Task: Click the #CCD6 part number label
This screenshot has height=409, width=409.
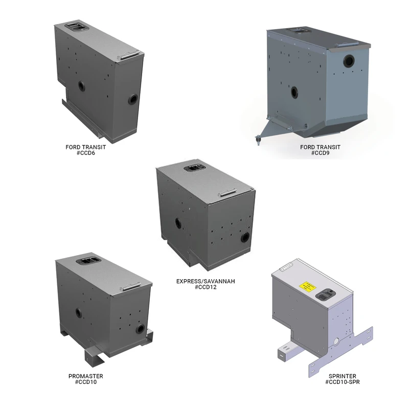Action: [85, 153]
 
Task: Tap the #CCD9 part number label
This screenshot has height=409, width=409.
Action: [321, 153]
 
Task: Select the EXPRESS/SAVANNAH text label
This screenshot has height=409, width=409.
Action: [206, 281]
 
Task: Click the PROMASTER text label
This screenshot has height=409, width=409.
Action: [86, 376]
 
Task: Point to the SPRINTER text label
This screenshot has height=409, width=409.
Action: [342, 376]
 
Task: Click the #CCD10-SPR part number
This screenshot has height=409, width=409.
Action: [342, 382]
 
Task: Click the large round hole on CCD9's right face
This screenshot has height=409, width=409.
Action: [349, 61]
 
